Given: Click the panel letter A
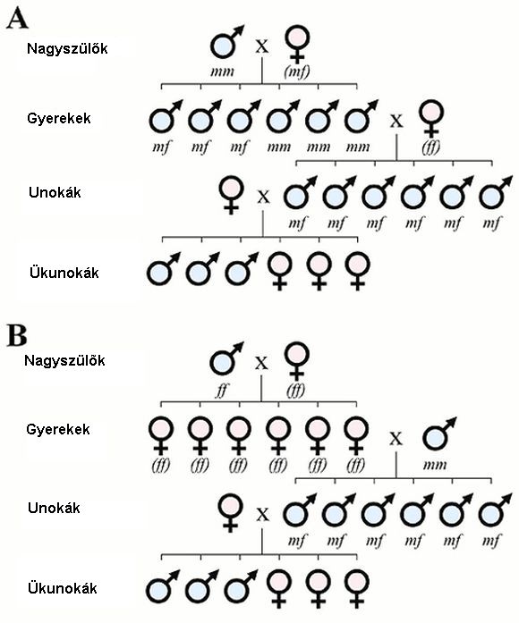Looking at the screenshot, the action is pos(17,20).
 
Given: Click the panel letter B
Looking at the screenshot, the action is pos(17,336).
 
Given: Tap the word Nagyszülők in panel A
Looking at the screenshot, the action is pos(67,48).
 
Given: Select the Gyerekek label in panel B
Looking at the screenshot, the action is pos(58,430).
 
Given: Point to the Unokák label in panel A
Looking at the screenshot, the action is pos(55,193).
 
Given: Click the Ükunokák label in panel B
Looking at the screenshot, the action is pos(63,588).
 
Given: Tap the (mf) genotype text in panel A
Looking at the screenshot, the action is pos(297,72).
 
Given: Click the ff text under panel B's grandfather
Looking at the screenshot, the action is pos(222,390).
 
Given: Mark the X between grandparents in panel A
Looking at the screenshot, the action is pos(261,46).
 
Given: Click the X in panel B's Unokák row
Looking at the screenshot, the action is pos(262,515).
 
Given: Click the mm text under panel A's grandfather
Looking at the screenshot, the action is pos(222,72).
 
